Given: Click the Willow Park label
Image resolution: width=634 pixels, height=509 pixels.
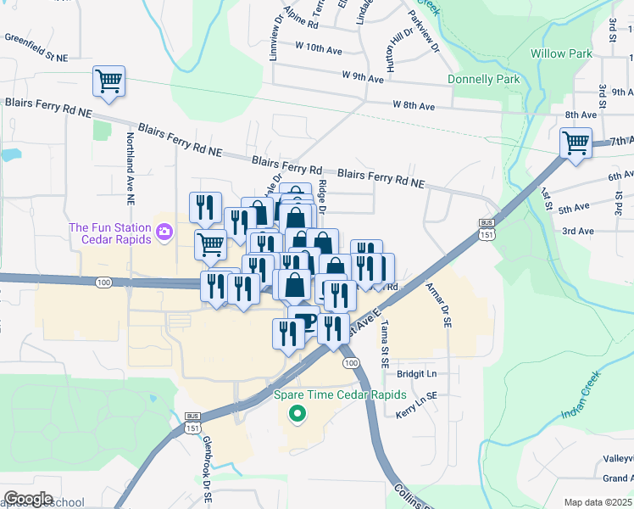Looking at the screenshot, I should point(560,53).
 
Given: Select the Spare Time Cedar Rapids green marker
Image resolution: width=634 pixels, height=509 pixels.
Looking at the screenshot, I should point(297,414).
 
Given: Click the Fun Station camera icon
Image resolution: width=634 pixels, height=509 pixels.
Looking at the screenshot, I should point(164,231).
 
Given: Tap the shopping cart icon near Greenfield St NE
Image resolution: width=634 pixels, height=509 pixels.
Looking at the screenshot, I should point(109,81).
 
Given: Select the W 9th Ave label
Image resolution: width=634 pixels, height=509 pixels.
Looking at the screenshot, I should point(364,76).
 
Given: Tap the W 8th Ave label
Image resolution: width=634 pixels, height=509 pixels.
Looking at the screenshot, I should point(414,106).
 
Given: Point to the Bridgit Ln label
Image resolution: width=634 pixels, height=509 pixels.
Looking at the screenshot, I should point(415,373).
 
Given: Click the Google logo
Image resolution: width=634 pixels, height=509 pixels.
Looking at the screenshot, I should point(28,499).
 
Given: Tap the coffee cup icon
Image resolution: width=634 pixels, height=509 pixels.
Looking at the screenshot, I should point(304,322).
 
